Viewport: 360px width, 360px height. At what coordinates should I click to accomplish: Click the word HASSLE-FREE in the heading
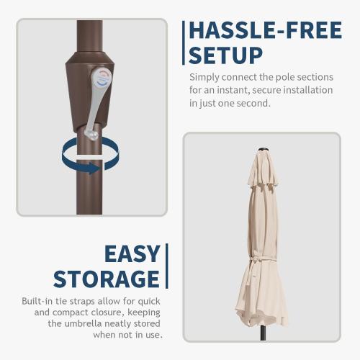pos(266,30)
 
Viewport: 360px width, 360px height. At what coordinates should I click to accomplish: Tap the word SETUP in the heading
pos(225,55)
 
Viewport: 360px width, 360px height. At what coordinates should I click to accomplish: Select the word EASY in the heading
pos(132,253)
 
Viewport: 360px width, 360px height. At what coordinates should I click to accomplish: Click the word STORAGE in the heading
pos(107,279)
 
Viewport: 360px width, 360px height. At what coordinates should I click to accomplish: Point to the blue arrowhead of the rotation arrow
pos(94,168)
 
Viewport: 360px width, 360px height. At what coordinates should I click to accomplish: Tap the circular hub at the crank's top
pos(102,78)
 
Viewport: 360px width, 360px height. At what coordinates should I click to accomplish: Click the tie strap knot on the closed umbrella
pos(255,261)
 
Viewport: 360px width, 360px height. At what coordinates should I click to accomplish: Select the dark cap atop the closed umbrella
pos(262,149)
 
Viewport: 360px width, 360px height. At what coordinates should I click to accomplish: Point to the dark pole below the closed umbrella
pos(263,333)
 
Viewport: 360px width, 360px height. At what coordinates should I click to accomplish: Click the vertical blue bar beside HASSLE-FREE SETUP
pos(184,42)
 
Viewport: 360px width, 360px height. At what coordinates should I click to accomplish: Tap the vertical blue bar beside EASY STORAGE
pos(167,266)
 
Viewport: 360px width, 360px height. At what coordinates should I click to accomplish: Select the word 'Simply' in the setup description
pos(204,78)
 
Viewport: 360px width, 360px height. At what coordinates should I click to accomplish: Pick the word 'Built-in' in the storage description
pos(37,301)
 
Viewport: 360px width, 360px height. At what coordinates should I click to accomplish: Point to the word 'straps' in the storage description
pos(80,302)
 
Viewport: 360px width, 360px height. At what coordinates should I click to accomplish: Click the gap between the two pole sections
pos(89,157)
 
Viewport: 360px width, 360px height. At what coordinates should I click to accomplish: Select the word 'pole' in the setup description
pos(284,78)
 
